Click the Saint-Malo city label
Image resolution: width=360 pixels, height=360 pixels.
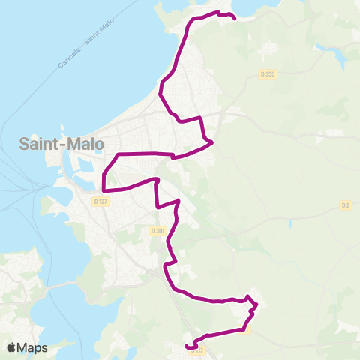click(x=62, y=144)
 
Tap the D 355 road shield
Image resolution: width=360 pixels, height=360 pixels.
click(x=268, y=73)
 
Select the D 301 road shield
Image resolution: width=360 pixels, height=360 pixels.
click(x=157, y=230)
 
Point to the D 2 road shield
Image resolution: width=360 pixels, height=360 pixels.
click(x=346, y=205)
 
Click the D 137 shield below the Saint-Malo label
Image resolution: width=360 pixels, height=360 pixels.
click(x=101, y=201)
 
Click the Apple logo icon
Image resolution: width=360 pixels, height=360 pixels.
click(x=12, y=347)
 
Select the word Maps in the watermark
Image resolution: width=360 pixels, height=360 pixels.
click(x=33, y=347)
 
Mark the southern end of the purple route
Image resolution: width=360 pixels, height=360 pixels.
click(x=186, y=346)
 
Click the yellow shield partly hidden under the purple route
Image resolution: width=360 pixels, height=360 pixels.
click(x=246, y=328)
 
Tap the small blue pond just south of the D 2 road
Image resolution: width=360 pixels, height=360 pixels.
click(x=289, y=223)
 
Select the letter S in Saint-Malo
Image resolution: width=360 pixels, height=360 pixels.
click(x=24, y=144)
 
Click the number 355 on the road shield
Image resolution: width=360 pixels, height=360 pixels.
click(x=271, y=73)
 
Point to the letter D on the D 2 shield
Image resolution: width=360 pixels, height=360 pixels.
click(x=343, y=205)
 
